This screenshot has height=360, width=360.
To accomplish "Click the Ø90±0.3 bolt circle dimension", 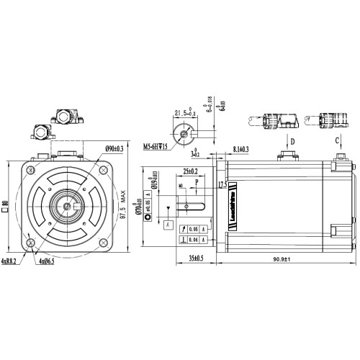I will [114, 148].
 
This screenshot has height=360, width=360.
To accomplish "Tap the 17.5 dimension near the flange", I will [222, 184].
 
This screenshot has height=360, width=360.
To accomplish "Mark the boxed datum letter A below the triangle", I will [168, 225].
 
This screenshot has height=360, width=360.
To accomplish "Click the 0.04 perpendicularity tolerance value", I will [193, 239].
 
